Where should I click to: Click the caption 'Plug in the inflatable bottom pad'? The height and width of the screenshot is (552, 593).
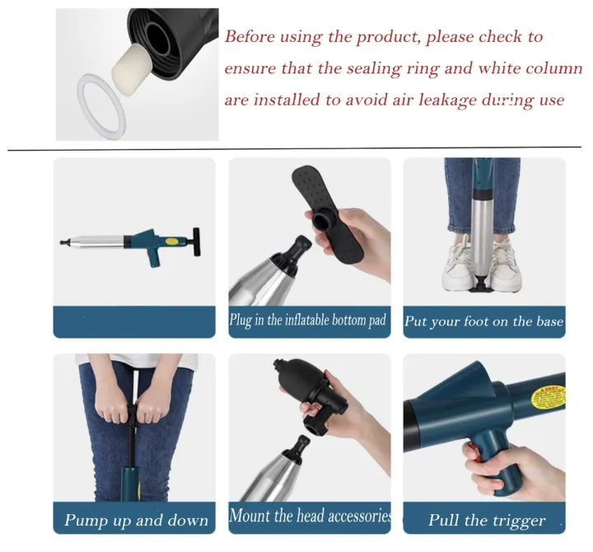pos(308,320)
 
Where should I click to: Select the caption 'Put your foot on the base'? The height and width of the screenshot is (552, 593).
pos(483,321)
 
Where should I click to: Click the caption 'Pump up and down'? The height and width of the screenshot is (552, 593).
pos(136,520)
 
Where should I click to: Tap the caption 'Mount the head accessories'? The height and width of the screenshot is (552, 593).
pos(309,517)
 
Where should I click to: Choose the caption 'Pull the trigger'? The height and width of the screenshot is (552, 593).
pos(486,520)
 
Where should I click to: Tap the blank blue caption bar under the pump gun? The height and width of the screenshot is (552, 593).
pos(134,320)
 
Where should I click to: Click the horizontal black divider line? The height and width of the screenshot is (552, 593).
pos(296,150)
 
